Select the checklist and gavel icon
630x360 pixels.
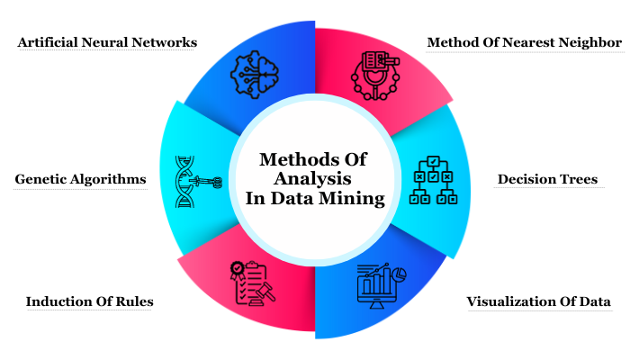[x=253, y=284]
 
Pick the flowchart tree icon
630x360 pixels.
[x=435, y=180]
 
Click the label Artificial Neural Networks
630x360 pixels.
[x=107, y=42]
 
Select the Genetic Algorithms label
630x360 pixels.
[x=80, y=179]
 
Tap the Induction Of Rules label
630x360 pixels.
[x=89, y=301]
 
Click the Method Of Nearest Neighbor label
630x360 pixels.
[x=524, y=42]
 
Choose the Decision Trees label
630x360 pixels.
[x=547, y=179]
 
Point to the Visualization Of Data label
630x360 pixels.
[x=538, y=301]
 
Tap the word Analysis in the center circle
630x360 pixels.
[x=314, y=178]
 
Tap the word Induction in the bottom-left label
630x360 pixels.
[x=58, y=301]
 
